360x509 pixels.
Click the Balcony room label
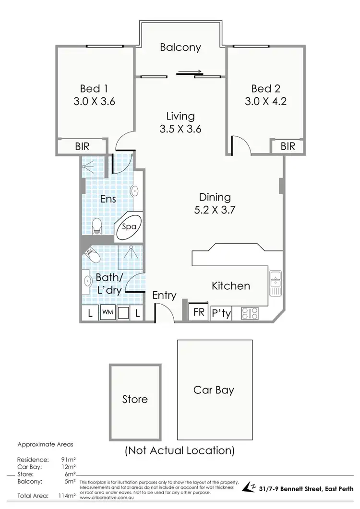180,47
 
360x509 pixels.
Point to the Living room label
180,116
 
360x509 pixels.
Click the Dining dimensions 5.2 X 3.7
215,210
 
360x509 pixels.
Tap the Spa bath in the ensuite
129,227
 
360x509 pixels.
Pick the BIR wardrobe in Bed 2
288,146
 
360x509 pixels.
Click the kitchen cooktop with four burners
250,313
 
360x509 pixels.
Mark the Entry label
164,296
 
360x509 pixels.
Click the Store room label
135,399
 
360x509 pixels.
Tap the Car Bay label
214,390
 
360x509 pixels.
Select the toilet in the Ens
97,225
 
